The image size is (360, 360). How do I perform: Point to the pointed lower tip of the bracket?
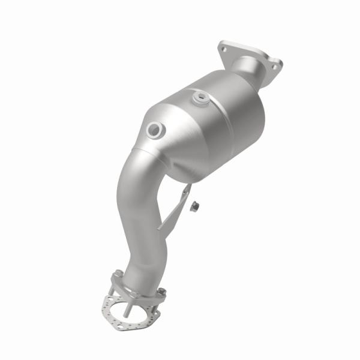158,229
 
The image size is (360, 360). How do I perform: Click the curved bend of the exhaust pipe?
135,198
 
